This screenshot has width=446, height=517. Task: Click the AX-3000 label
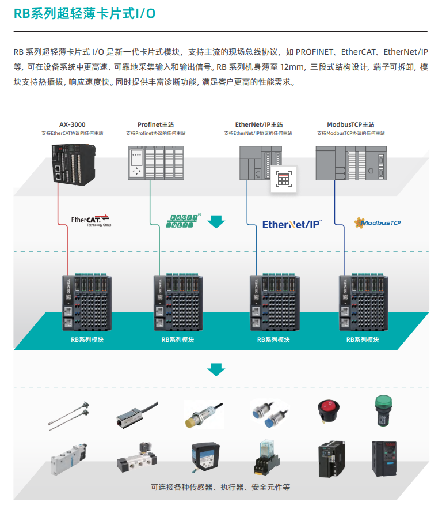pyautogui.click(x=72, y=124)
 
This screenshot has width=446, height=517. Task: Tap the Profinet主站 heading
pyautogui.click(x=155, y=124)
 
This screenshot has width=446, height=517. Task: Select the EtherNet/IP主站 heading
pyautogui.click(x=259, y=124)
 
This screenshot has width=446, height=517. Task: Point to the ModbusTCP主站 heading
pyautogui.click(x=350, y=124)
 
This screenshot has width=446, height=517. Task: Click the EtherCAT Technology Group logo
pyautogui.click(x=90, y=220)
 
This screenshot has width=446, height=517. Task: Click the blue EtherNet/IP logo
pyautogui.click(x=291, y=224)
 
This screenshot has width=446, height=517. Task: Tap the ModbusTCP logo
pyautogui.click(x=378, y=221)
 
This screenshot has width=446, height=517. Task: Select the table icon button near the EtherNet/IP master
pyautogui.click(x=284, y=179)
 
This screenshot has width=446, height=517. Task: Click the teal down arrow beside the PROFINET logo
pyautogui.click(x=216, y=221)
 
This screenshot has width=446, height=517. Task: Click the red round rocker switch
pyautogui.click(x=330, y=411)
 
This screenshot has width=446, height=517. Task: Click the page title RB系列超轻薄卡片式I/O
pyautogui.click(x=85, y=14)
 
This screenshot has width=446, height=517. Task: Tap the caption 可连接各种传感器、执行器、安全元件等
pyautogui.click(x=220, y=487)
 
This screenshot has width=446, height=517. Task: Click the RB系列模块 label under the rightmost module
pyautogui.click(x=363, y=340)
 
